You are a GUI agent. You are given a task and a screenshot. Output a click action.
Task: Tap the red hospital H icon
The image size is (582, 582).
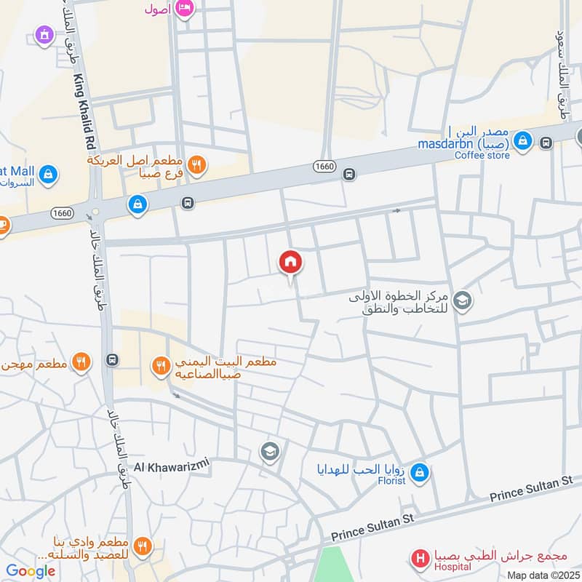coord(420,559)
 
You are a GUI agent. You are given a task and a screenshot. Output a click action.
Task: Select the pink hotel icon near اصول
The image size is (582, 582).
coord(186,8)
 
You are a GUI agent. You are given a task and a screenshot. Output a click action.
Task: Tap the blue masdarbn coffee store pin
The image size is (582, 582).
coord(522,143)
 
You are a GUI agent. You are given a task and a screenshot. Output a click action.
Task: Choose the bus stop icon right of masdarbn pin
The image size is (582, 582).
coord(546,143)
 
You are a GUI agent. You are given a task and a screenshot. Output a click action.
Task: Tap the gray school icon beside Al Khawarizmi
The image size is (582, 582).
coord(269,452)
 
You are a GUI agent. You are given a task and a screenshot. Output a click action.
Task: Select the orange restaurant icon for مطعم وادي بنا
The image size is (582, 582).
coord(143,546)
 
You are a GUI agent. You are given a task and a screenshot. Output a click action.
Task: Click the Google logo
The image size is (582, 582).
coord(31,571)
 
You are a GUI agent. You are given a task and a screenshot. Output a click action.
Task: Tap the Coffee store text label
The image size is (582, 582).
coord(483,154)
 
